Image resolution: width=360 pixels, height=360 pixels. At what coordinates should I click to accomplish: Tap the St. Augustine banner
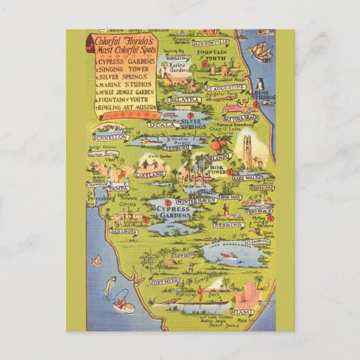pyautogui.click(x=224, y=88)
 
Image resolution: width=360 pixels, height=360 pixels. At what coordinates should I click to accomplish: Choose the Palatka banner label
pyautogui.click(x=184, y=100)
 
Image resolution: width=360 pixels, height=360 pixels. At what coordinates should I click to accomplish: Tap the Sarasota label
pyautogui.click(x=123, y=231)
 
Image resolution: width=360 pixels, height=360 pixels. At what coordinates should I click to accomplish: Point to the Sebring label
pyautogui.click(x=228, y=225)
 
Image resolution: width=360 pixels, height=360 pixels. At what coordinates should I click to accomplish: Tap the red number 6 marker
pyautogui.click(x=205, y=64)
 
